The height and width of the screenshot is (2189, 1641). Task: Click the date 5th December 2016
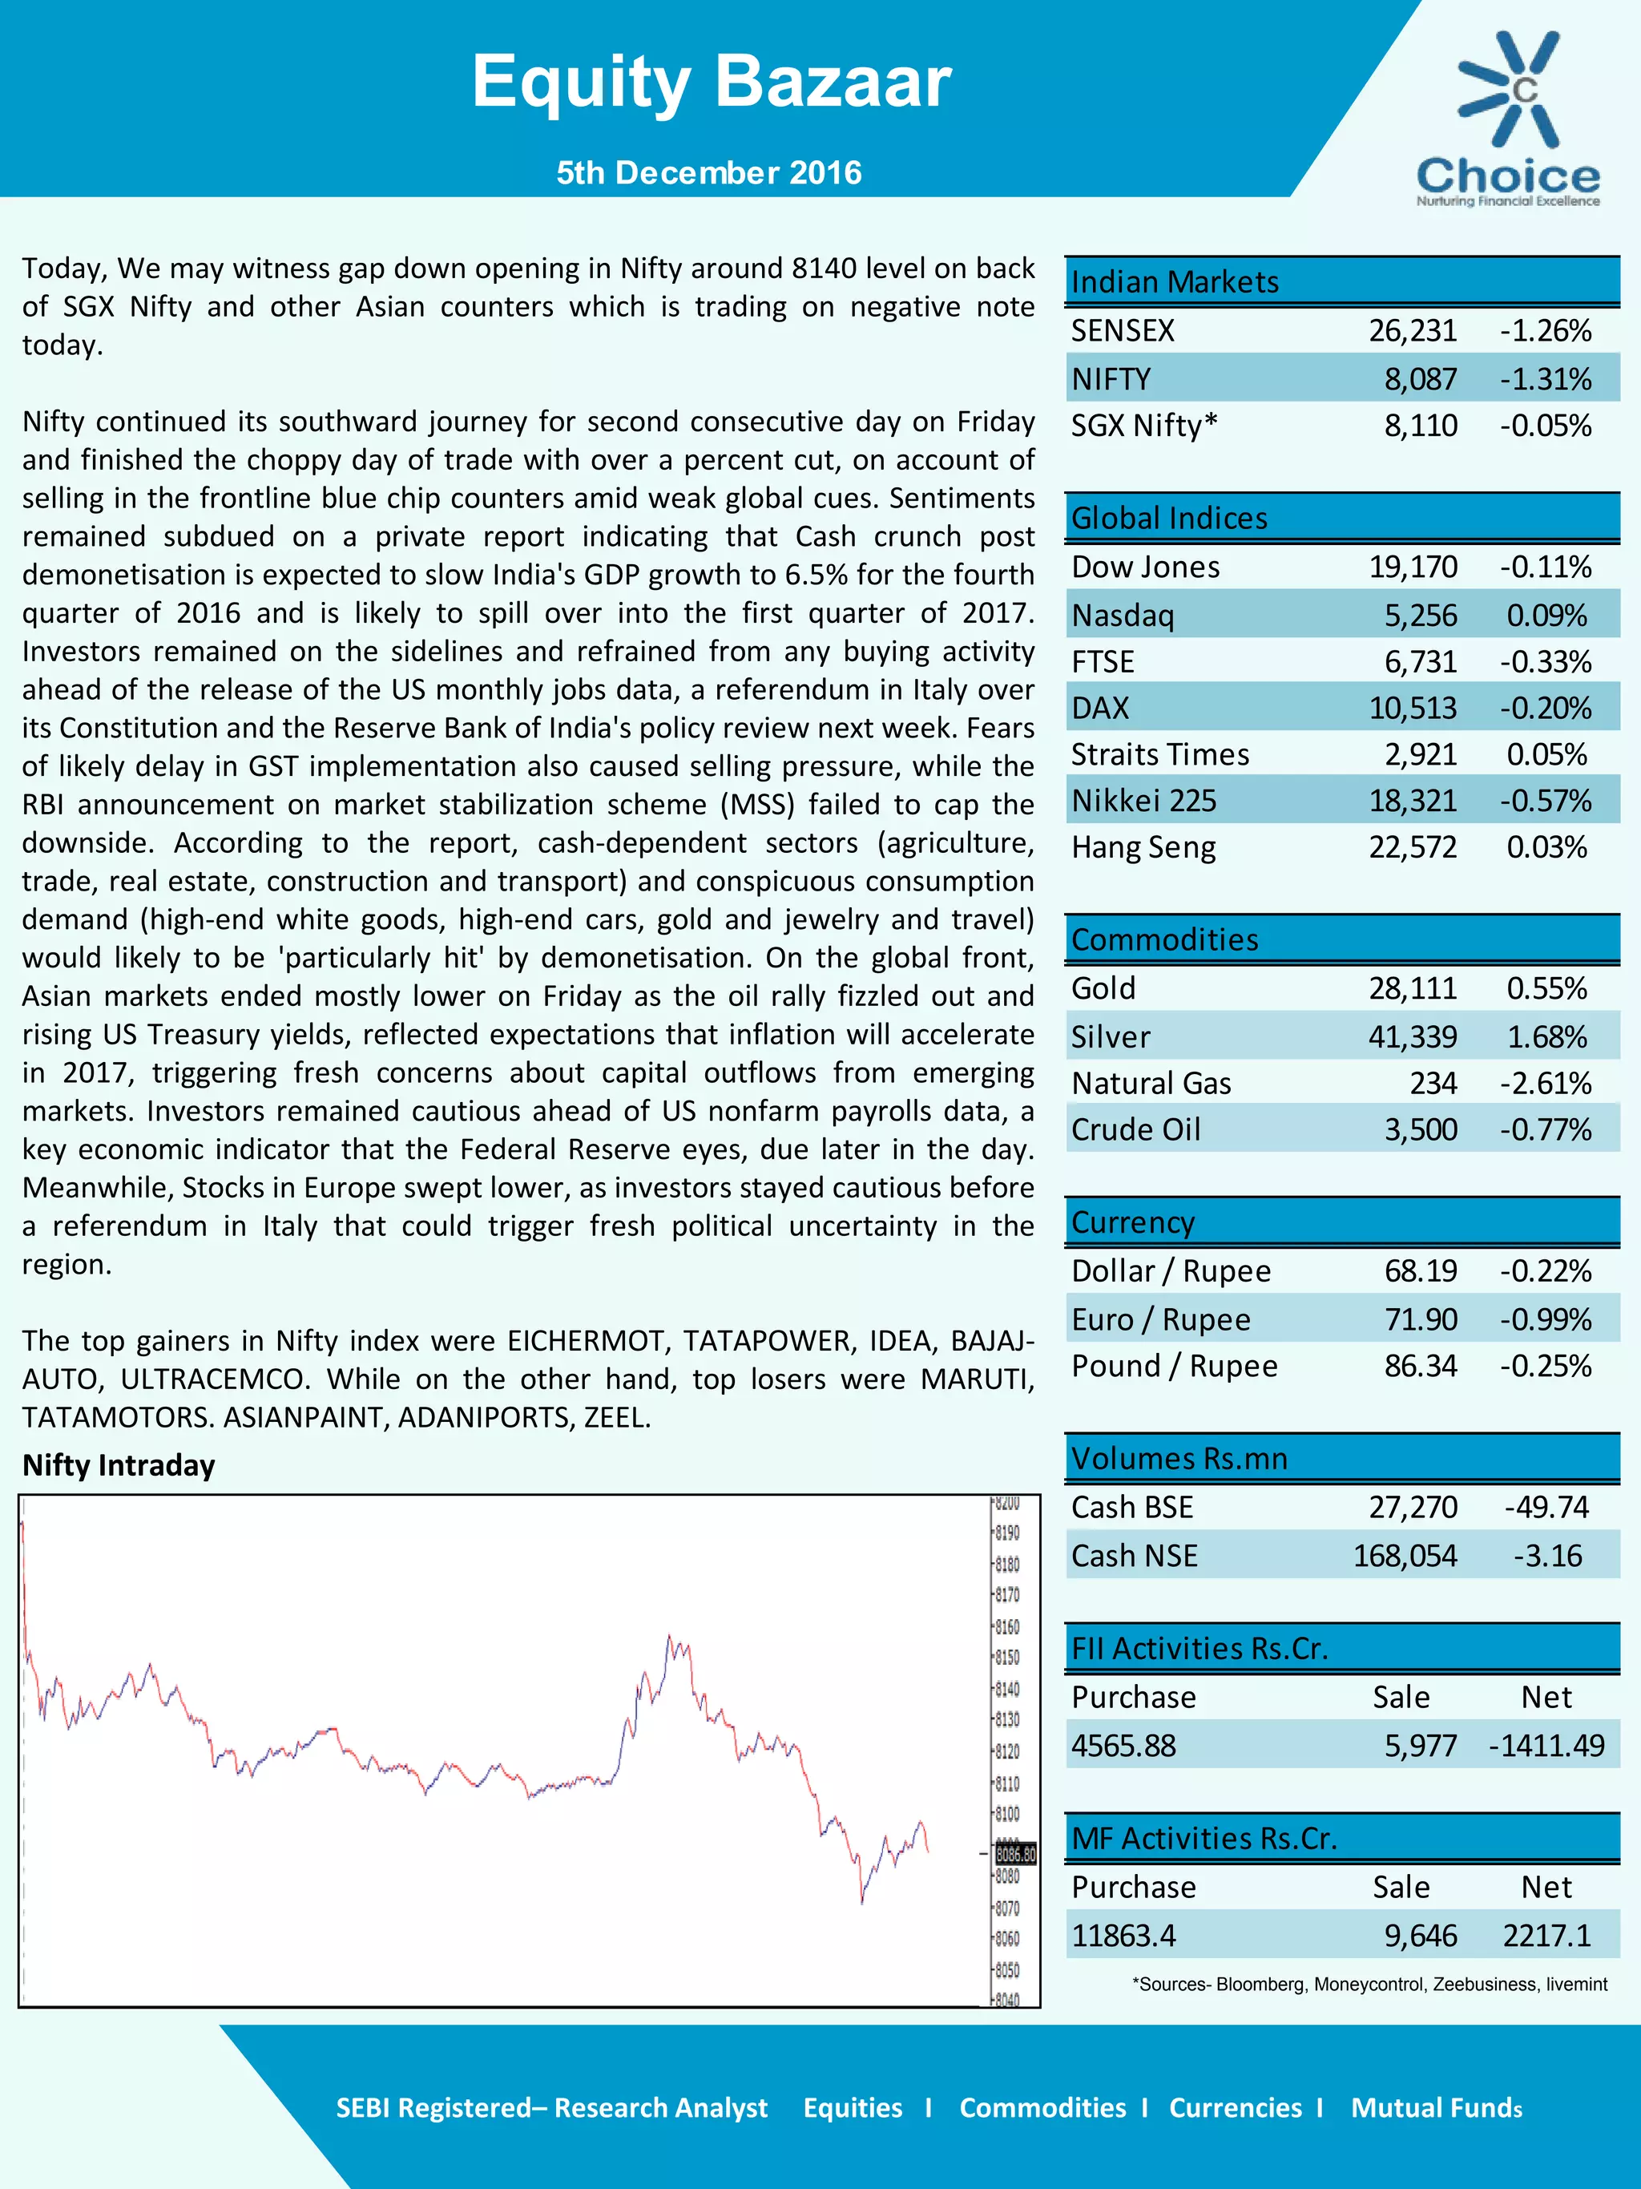(708, 173)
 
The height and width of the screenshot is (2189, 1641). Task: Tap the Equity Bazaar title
(710, 81)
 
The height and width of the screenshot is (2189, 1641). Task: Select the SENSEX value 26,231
(1412, 330)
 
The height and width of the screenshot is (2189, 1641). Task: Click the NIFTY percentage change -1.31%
(1545, 379)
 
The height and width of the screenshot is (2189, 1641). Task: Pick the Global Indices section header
(1169, 518)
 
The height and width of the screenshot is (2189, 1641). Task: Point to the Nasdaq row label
(1123, 616)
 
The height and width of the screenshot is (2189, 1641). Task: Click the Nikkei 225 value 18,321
(1412, 801)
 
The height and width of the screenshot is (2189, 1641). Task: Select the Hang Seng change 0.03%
(1546, 847)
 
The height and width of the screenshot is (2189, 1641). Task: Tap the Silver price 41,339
(1412, 1036)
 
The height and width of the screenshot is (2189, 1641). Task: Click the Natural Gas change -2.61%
(1545, 1083)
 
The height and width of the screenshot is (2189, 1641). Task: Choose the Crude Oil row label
(1135, 1129)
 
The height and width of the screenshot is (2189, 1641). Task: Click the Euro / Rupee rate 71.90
(1421, 1319)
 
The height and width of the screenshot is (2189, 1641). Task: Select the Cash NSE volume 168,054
(1405, 1556)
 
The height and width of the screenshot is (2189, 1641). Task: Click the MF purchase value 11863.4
(1123, 1935)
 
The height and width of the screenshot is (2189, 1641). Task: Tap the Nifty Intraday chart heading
(119, 1464)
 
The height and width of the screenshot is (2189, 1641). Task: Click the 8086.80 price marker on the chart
(1016, 1853)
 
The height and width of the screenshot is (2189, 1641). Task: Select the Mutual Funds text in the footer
(1436, 2108)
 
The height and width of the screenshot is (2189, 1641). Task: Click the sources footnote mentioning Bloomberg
(1369, 1984)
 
